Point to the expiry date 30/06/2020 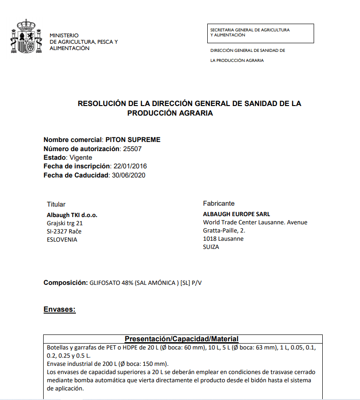click(128, 175)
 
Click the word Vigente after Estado click(81, 157)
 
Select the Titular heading click(56, 204)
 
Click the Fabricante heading click(219, 203)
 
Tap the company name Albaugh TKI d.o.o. click(72, 215)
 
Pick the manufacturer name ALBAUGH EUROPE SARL click(236, 214)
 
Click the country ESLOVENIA click(62, 239)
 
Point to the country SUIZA click(211, 247)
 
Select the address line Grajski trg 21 click(65, 223)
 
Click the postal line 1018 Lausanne click(223, 238)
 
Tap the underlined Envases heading click(60, 309)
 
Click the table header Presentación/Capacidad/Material click(182, 339)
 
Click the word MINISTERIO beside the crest click(64, 35)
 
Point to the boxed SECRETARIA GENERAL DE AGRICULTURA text click(250, 30)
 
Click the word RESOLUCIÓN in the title click(102, 104)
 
